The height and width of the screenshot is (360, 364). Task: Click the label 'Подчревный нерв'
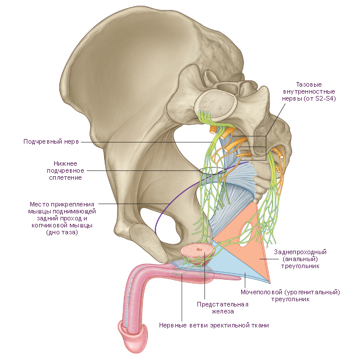[x=51, y=141]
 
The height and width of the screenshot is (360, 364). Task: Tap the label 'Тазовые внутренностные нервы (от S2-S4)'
[x=309, y=91]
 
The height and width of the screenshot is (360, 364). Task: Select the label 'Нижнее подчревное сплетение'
[x=65, y=170]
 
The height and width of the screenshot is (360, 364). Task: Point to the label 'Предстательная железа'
[x=222, y=308]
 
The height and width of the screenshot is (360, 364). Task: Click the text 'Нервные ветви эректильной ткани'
[x=214, y=325]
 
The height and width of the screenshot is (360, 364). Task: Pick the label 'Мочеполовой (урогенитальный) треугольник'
[x=290, y=295]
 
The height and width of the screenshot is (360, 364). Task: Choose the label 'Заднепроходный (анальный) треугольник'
[x=300, y=259]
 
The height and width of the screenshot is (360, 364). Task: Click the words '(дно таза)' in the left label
[x=62, y=232]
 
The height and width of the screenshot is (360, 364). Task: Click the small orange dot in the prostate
[x=199, y=249]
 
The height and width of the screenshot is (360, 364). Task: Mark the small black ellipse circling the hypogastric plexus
[x=213, y=171]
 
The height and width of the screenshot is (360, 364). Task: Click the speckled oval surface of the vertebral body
[x=216, y=103]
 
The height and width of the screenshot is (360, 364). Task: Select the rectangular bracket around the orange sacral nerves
[x=266, y=148]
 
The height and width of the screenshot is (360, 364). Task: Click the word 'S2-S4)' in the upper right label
[x=326, y=98]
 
